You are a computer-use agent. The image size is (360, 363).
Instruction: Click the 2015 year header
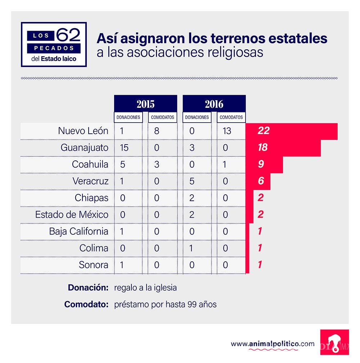(x=145, y=104)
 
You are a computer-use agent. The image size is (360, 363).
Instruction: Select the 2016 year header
(x=214, y=104)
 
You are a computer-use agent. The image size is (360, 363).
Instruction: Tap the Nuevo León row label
(x=83, y=131)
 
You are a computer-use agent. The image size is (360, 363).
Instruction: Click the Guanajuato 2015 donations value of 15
(x=124, y=147)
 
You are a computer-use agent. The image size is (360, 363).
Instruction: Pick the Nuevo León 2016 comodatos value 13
(x=227, y=131)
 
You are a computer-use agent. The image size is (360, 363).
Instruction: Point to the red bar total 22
(x=264, y=131)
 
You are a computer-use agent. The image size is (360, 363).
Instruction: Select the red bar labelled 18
(x=262, y=147)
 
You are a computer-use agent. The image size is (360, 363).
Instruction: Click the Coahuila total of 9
(x=261, y=164)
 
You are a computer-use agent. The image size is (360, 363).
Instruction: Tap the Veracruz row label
(x=90, y=181)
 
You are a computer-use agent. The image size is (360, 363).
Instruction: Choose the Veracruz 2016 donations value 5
(x=192, y=181)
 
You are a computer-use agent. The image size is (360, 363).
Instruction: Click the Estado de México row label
(x=72, y=214)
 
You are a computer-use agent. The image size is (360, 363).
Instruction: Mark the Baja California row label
(x=79, y=231)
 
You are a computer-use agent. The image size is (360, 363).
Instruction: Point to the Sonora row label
(x=94, y=265)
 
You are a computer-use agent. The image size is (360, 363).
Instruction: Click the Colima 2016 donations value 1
(x=192, y=248)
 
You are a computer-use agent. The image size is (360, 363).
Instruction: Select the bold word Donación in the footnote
(x=88, y=288)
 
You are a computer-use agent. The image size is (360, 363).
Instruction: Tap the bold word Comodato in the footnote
(x=86, y=304)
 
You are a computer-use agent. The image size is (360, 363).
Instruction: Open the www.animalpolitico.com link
(x=273, y=344)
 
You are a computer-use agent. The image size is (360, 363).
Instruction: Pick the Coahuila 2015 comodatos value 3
(x=157, y=164)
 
